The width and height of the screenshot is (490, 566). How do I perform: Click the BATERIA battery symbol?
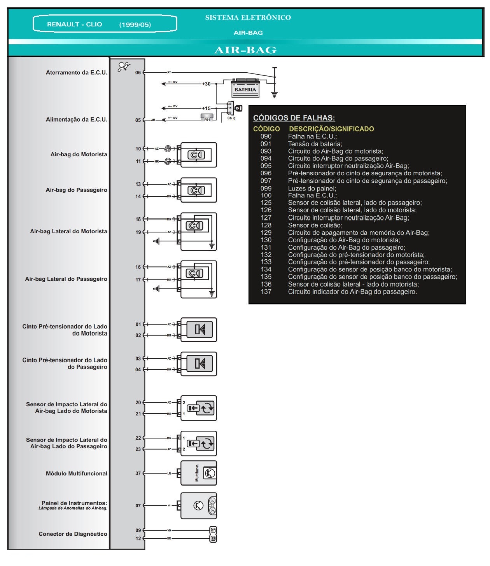(x=245, y=88)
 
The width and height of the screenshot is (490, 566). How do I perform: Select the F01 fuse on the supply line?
(x=206, y=117)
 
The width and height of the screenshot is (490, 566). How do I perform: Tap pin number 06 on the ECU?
(x=138, y=73)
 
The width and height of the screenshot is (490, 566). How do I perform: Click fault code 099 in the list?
(x=266, y=189)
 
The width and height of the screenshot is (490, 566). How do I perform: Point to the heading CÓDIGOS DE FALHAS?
(x=294, y=118)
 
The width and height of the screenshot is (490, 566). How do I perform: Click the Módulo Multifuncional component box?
(x=198, y=473)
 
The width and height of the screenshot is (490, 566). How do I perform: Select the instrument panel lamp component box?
(x=198, y=506)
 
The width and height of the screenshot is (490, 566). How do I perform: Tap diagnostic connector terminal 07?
(x=213, y=530)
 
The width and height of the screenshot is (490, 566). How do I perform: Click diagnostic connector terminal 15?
(x=213, y=539)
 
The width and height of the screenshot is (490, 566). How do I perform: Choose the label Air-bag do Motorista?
(x=79, y=154)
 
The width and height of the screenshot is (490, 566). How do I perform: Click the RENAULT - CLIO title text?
(x=74, y=24)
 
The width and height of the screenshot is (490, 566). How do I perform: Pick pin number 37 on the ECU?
(x=138, y=473)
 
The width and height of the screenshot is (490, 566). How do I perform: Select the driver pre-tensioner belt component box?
(x=198, y=330)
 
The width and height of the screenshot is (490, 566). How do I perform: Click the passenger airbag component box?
(x=198, y=190)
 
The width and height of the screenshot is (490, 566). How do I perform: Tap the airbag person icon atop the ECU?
(x=124, y=67)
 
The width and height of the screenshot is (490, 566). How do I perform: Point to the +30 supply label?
(x=206, y=84)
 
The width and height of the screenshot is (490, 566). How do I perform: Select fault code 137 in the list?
(x=266, y=292)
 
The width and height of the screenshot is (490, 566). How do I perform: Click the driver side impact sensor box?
(x=198, y=408)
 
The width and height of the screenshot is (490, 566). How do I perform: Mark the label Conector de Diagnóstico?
(x=73, y=534)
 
